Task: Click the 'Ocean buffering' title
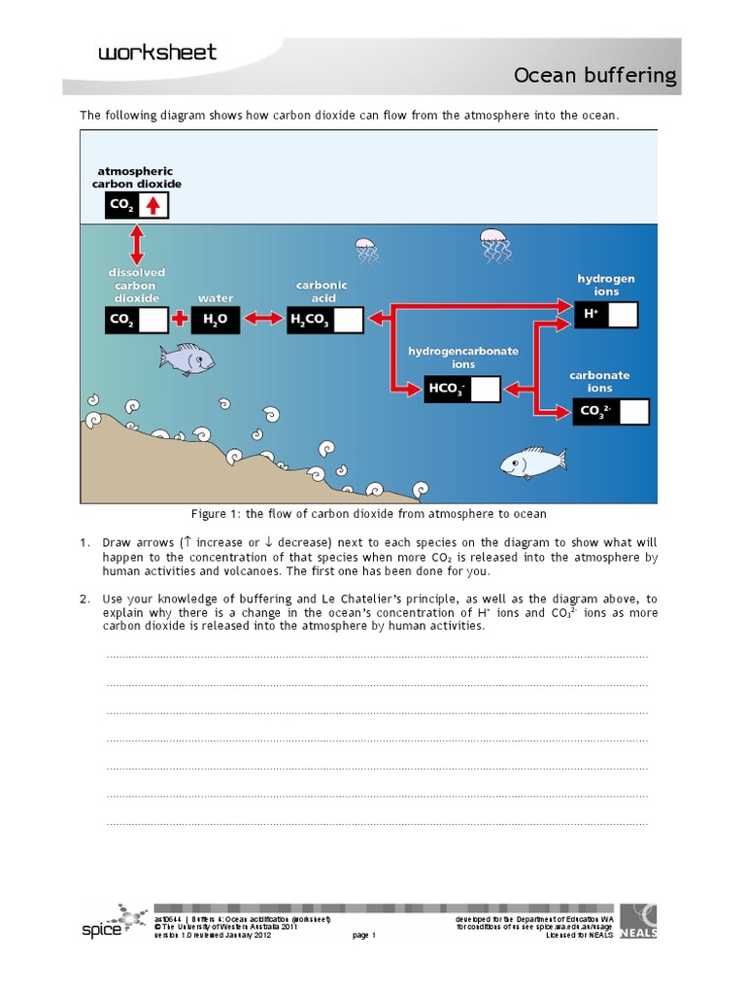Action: point(608,77)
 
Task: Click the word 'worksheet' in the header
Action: point(157,52)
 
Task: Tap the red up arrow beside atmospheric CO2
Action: point(153,205)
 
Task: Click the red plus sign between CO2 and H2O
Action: point(180,320)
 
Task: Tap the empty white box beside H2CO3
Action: point(349,321)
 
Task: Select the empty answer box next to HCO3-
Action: point(485,390)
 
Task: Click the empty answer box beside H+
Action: point(623,315)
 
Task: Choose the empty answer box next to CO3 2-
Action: point(633,412)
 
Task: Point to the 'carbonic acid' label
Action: point(322,292)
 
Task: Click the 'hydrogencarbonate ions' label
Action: point(462,357)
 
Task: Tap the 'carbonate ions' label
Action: point(599,381)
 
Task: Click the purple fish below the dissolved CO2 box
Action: point(186,360)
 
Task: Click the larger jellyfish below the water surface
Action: point(494,246)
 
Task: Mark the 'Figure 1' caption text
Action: point(368,513)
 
